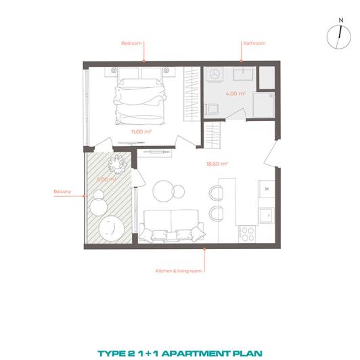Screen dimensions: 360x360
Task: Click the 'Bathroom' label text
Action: (254, 43)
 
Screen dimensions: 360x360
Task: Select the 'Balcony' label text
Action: (62, 192)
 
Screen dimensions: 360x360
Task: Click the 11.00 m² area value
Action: (141, 132)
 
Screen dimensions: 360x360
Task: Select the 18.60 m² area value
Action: (217, 163)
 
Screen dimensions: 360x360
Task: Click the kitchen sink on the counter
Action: (264, 216)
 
